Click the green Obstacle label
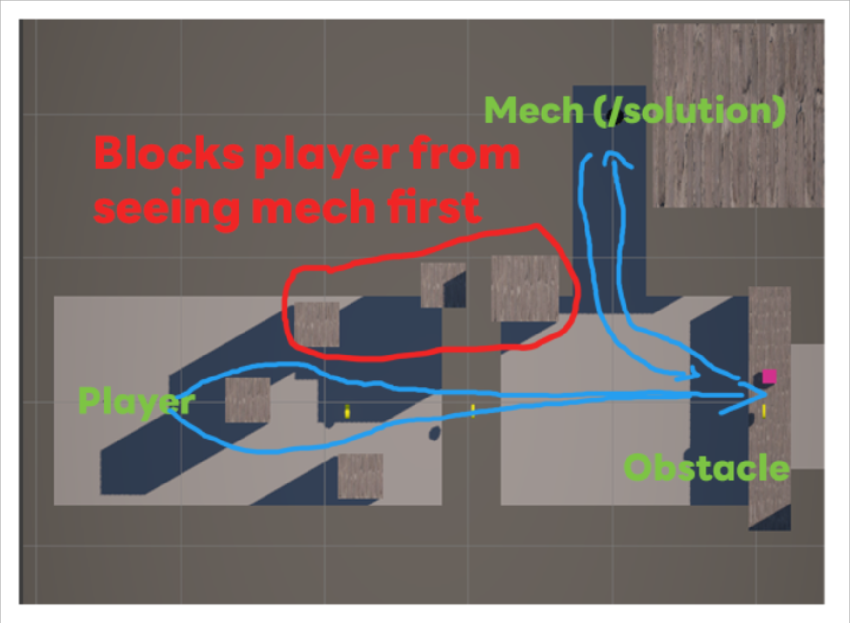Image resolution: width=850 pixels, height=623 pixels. point(706,468)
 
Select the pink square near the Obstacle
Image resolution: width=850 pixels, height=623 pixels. point(769,377)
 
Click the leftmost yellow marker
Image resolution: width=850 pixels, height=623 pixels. point(348,411)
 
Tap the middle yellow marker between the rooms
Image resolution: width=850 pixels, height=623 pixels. point(473,410)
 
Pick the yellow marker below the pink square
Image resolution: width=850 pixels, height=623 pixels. point(764,410)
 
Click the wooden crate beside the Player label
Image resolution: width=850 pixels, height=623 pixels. point(248,400)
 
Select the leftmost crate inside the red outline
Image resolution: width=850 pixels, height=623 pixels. point(316,324)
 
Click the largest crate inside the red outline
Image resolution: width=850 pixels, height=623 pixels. point(525,288)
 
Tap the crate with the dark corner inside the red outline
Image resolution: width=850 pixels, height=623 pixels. point(442,285)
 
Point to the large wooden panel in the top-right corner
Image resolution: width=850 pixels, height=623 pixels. point(738,115)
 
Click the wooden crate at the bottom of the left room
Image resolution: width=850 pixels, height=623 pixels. point(360,475)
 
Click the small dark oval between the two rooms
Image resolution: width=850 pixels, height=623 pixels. point(434,433)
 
